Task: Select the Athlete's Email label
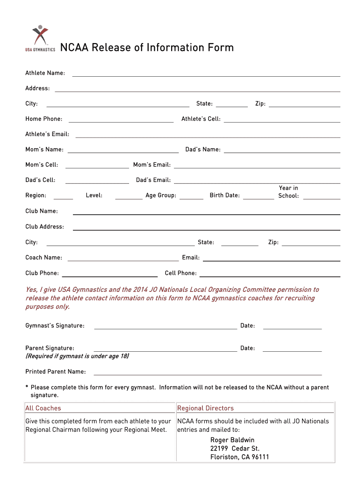click(47, 134)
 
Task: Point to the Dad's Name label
click(203, 150)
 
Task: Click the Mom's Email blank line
click(257, 167)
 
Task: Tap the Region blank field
click(63, 198)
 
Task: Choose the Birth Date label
click(224, 196)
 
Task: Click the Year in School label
click(288, 192)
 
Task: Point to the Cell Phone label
click(181, 273)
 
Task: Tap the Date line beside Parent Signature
click(292, 350)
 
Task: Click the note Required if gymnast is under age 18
click(77, 356)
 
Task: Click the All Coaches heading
click(43, 408)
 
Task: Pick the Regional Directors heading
click(205, 408)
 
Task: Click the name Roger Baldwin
click(232, 440)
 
